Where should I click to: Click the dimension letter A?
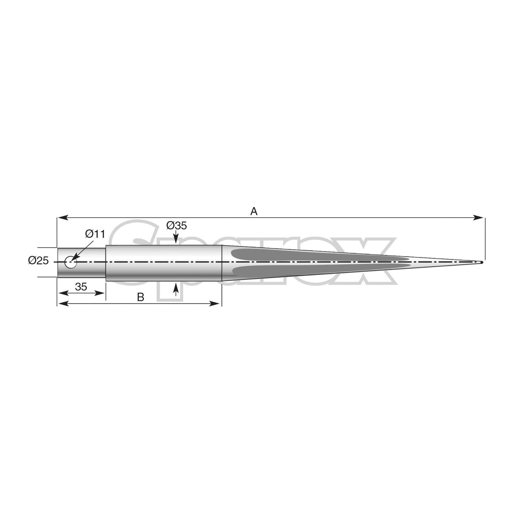(x=254, y=211)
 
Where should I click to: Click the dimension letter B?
(x=141, y=297)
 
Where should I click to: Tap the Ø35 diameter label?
(x=177, y=226)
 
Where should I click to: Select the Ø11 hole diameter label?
(x=95, y=233)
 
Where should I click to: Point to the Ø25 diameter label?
(x=39, y=261)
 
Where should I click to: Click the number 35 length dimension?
(x=81, y=287)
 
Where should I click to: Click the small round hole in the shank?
(x=70, y=263)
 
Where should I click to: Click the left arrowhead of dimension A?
(x=61, y=218)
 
